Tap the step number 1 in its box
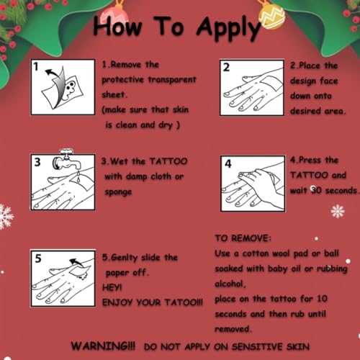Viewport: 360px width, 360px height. pos(36,68)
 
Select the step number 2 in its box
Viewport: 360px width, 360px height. pos(226,68)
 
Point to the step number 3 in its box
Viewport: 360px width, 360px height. pos(37,161)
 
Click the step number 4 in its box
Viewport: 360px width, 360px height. pos(228,164)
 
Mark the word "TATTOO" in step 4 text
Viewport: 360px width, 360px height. pos(308,175)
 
